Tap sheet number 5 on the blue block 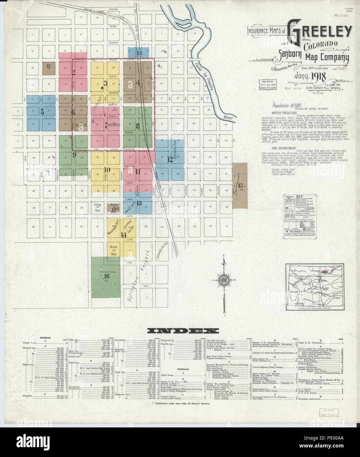(x=42, y=111)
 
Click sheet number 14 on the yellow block (x=124, y=235)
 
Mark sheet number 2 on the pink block (x=74, y=72)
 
